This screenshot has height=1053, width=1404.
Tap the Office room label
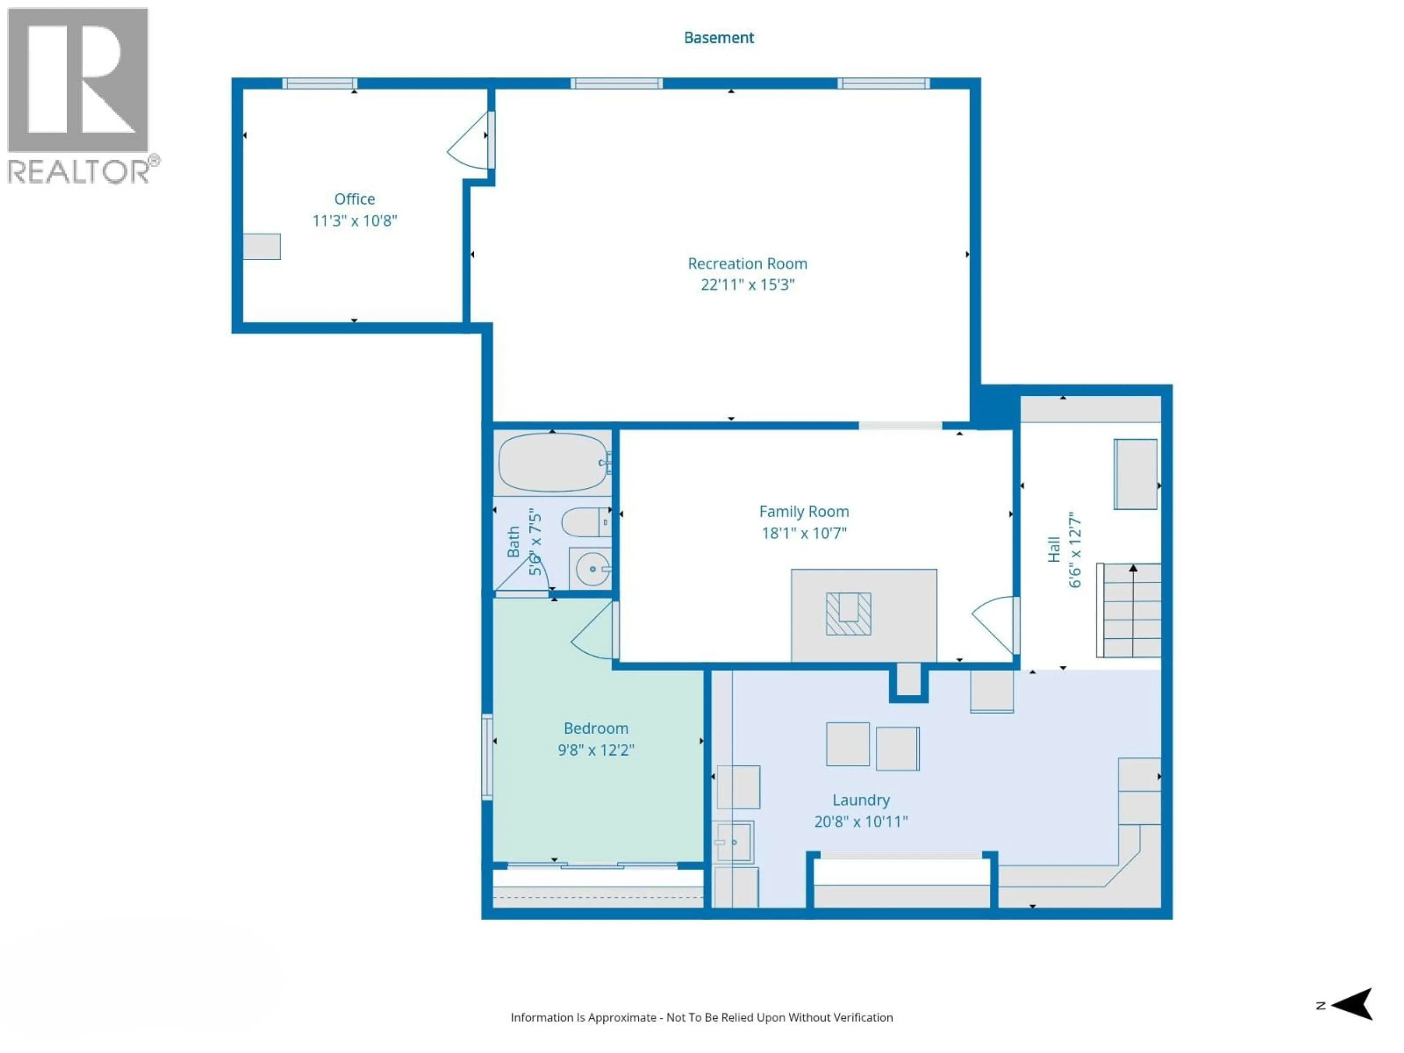354,199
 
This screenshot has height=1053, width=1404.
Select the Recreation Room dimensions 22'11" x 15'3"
747,285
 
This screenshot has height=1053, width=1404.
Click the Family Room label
804,512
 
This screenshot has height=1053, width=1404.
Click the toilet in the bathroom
585,522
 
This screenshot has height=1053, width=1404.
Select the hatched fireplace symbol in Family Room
848,614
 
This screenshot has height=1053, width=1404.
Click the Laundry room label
861,800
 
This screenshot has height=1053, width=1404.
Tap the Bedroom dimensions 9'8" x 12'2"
595,750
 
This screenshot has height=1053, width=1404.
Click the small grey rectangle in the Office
261,246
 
